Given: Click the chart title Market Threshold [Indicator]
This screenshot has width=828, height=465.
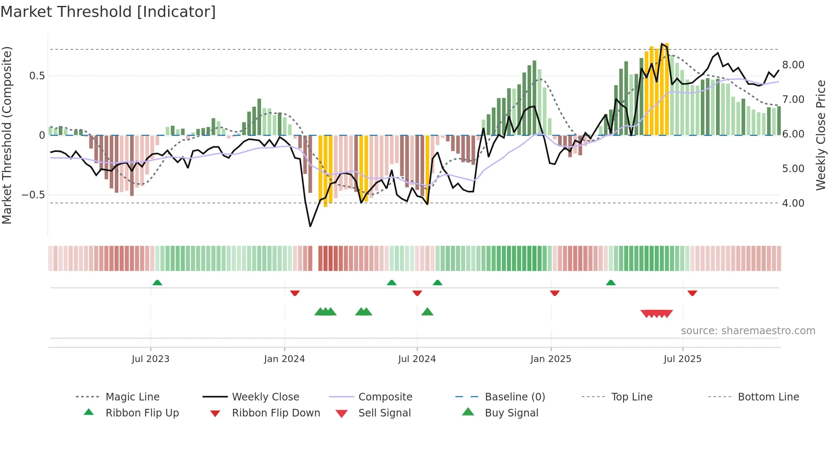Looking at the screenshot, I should click(x=108, y=12).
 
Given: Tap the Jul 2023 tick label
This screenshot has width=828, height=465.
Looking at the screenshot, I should click(x=150, y=359).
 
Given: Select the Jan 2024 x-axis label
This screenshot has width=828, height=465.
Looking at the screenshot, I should click(x=284, y=359).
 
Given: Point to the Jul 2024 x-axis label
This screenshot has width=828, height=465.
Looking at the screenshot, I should click(x=417, y=359).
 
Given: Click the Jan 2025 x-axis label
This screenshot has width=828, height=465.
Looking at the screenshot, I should click(x=550, y=359).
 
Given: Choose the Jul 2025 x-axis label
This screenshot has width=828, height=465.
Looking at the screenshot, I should click(x=682, y=359).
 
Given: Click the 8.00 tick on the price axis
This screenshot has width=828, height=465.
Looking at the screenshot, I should click(x=793, y=65).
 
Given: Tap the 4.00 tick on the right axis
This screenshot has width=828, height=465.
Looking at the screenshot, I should click(x=793, y=203).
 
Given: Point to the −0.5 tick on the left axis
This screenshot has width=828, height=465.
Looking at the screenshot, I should click(x=33, y=195).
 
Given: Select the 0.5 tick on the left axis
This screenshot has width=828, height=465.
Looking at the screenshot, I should click(x=37, y=76).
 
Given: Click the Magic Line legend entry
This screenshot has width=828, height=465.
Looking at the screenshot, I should click(x=132, y=397).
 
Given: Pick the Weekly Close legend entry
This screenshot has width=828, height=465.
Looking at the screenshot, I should click(x=265, y=397).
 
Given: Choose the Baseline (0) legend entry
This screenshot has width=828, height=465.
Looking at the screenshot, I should click(x=515, y=397).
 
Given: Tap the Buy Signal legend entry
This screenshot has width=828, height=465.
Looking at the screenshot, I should click(x=511, y=413).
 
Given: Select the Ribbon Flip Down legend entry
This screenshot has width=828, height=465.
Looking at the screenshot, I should click(x=276, y=413).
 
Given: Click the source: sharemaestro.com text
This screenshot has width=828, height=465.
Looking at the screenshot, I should click(x=748, y=331).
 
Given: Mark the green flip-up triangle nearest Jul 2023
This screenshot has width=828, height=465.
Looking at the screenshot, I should click(x=157, y=283).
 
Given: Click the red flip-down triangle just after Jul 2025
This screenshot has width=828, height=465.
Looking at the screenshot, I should click(x=692, y=293).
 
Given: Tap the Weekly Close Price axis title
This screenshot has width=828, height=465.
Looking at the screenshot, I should click(x=820, y=135).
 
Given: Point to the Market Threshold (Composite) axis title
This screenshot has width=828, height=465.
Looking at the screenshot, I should click(x=7, y=135).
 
